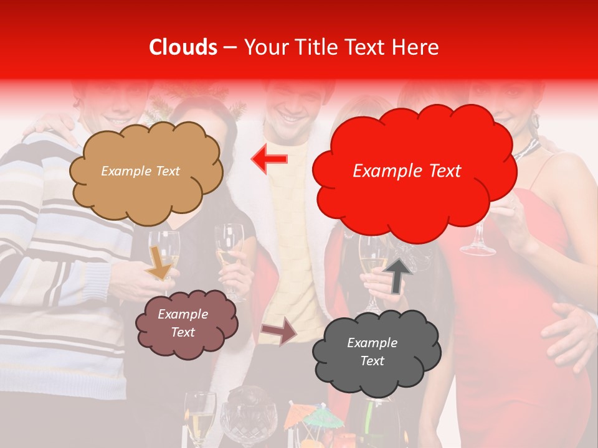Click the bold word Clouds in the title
(183, 47)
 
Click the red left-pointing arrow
(269, 159)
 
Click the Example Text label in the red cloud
(407, 171)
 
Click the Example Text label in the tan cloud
(140, 171)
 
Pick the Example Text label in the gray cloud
(372, 352)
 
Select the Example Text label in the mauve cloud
(183, 323)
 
